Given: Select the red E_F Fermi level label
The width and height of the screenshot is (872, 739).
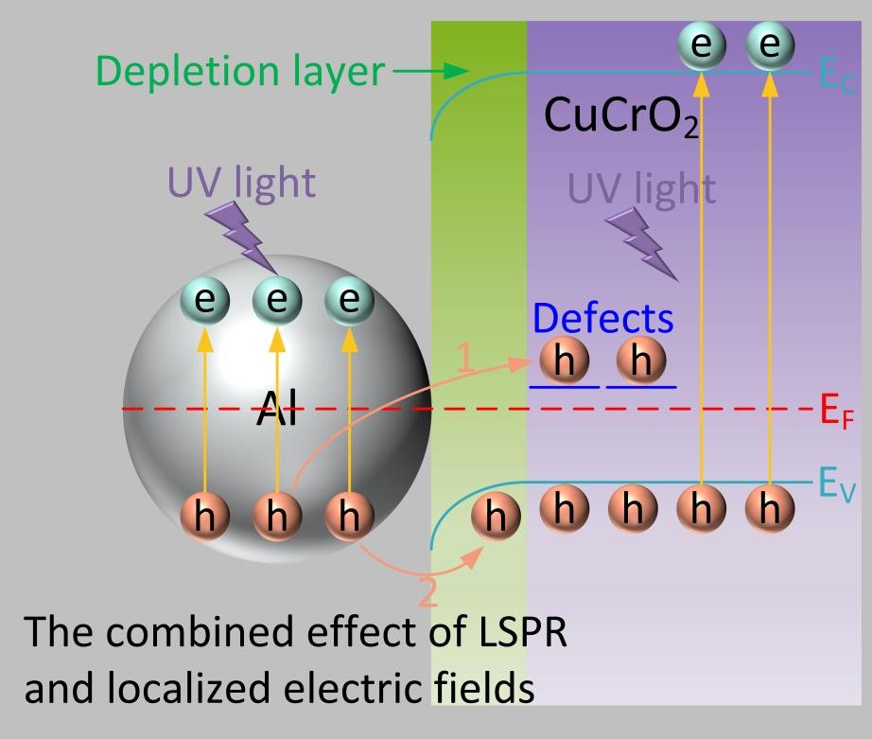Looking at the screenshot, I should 831,411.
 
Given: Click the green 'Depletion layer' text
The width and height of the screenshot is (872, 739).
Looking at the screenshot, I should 240,72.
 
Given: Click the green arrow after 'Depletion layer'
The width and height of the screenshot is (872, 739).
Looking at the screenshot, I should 430,72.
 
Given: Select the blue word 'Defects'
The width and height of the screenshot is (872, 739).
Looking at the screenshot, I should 602,319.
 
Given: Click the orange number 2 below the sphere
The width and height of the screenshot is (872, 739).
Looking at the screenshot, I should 427,592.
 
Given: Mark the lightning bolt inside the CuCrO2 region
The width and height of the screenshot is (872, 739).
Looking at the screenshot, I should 641,244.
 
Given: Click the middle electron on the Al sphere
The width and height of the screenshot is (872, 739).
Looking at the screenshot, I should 277,300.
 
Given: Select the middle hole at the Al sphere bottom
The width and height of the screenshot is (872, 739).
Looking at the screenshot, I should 277,516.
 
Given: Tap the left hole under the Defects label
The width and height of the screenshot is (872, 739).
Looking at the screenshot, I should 565,361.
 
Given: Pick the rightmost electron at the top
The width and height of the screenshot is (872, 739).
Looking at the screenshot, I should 771,44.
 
